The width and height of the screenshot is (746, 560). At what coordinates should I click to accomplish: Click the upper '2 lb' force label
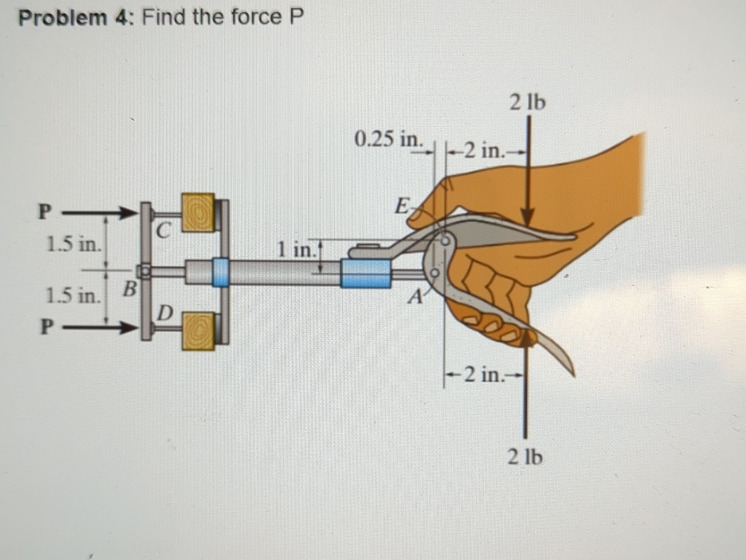tap(527, 102)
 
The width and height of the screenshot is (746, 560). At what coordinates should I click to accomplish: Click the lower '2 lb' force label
tap(526, 457)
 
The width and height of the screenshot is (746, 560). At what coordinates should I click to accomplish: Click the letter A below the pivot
tap(415, 296)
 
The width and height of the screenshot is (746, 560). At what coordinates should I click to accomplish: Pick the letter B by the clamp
tap(129, 289)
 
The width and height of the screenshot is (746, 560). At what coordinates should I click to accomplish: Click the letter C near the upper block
tap(165, 231)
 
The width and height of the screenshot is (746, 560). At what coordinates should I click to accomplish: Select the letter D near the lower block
tap(165, 313)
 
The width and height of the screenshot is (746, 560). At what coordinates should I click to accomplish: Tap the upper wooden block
tap(198, 212)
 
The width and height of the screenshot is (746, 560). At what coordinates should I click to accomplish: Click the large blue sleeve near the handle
tap(366, 274)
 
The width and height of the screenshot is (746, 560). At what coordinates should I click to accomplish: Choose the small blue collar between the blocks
tap(220, 271)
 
